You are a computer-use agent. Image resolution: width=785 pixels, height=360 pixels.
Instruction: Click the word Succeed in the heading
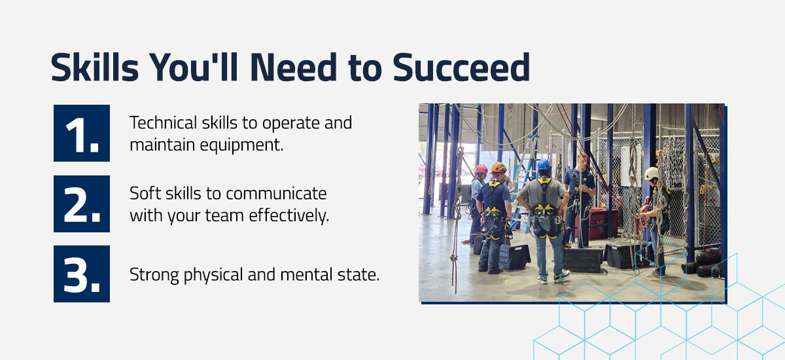click(x=461, y=67)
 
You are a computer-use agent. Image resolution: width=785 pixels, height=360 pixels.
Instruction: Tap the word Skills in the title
click(x=95, y=67)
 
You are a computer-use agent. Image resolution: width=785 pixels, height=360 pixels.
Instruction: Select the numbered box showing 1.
click(x=82, y=134)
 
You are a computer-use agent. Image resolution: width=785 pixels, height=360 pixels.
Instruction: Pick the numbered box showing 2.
click(x=82, y=204)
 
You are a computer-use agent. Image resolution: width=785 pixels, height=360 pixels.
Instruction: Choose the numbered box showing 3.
click(x=82, y=274)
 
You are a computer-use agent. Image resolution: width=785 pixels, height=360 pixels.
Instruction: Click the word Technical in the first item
click(x=164, y=122)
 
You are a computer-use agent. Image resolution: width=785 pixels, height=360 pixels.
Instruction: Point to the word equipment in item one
click(x=241, y=145)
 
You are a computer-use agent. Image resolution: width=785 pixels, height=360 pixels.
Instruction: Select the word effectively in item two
click(x=289, y=215)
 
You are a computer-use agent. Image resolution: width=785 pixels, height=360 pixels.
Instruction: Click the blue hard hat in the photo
click(x=544, y=165)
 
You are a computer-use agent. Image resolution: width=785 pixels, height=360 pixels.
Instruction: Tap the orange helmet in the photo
click(x=498, y=168)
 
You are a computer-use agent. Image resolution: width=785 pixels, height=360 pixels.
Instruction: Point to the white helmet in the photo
click(x=652, y=173)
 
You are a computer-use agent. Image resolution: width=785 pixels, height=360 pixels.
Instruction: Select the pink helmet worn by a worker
click(x=481, y=170)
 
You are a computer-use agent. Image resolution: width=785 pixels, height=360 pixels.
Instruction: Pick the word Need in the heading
click(x=294, y=67)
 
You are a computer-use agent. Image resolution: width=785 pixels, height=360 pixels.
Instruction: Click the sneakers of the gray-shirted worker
click(x=553, y=277)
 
